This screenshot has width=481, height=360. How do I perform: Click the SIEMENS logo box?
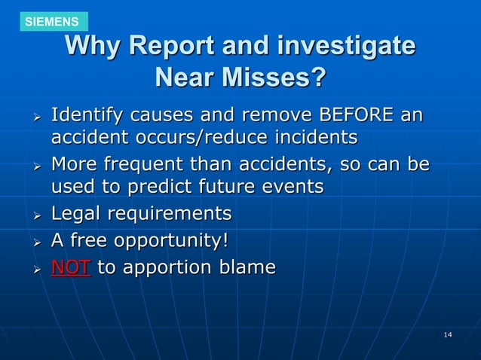click(51, 22)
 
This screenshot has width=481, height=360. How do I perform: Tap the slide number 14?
click(448, 334)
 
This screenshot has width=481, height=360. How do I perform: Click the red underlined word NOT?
click(71, 267)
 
